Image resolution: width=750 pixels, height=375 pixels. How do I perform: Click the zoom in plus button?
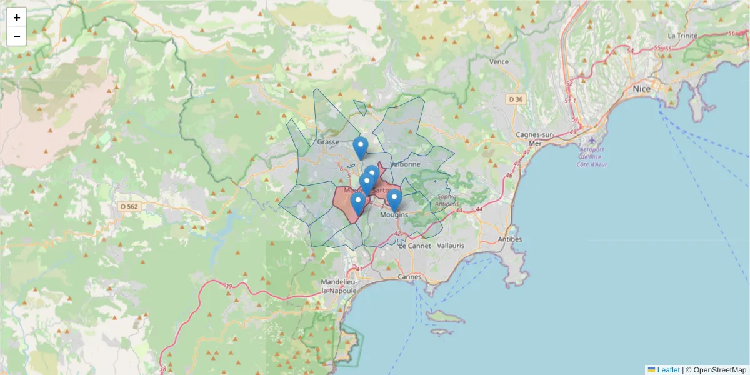tap(17, 17)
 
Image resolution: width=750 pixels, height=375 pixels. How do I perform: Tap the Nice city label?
tap(641, 89)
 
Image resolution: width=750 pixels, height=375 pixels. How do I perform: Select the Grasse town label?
tap(328, 142)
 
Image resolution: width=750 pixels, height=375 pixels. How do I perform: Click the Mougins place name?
tap(395, 215)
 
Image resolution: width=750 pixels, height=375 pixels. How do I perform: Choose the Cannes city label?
tap(409, 276)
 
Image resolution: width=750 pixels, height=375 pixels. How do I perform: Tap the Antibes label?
tap(510, 239)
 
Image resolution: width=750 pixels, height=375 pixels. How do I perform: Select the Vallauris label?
tap(451, 246)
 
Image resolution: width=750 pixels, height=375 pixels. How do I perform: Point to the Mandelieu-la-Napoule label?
tap(339, 286)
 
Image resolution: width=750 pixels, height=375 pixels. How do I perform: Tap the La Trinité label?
tap(682, 36)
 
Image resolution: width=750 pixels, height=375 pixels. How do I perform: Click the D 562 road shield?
tap(128, 206)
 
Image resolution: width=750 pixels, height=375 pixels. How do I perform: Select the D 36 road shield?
tap(516, 99)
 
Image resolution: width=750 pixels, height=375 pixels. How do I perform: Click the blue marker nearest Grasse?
tap(360, 147)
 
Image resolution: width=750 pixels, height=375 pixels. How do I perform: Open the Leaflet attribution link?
tap(668, 370)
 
